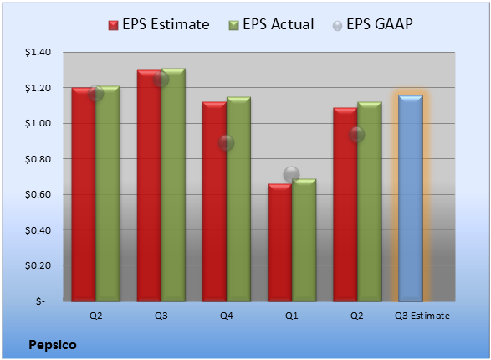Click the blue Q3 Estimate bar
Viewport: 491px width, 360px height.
pos(411,198)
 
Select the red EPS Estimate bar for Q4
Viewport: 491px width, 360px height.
pos(214,202)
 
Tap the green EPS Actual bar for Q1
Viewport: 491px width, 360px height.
pos(304,240)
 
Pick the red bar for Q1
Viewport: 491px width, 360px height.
pos(279,243)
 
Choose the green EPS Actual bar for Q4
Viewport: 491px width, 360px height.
pos(238,199)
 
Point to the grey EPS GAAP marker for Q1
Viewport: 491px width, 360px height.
pos(292,174)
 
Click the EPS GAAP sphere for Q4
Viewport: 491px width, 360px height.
pos(226,143)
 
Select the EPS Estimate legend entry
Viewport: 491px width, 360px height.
pos(159,24)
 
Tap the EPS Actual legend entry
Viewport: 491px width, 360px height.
pos(271,24)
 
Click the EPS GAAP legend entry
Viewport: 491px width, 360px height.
pos(372,24)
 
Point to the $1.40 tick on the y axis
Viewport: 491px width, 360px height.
pos(38,52)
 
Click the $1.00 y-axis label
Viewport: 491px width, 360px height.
pos(38,123)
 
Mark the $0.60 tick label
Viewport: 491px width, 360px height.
pos(38,194)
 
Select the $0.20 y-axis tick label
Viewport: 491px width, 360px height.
pos(38,265)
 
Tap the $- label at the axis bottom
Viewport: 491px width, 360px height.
pos(40,301)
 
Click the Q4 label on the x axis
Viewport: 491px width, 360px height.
pos(227,316)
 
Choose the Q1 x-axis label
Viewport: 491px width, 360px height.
pos(292,316)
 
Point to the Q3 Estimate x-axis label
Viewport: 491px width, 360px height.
pos(422,316)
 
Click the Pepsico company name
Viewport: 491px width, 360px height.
pos(53,345)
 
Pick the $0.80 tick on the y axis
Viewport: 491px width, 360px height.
pos(38,159)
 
